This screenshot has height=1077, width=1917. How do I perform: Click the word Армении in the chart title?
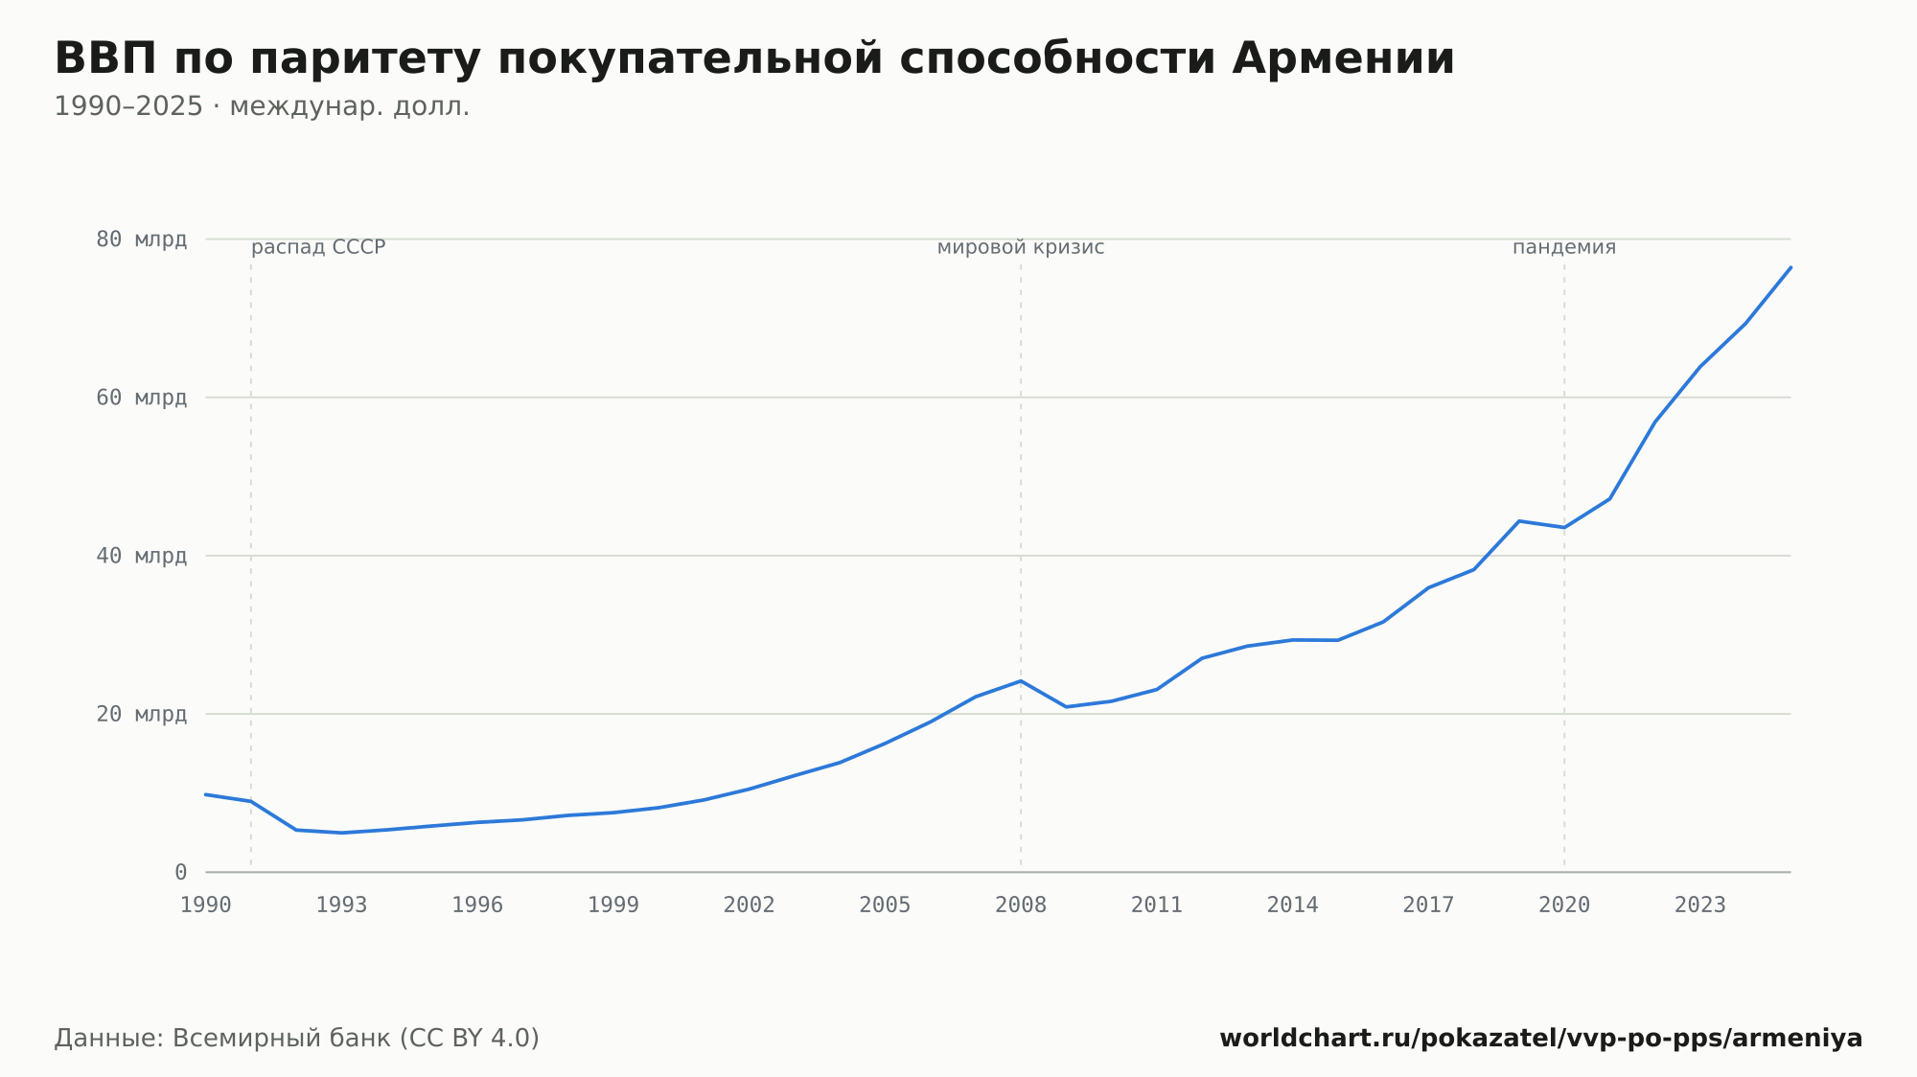click(x=1343, y=58)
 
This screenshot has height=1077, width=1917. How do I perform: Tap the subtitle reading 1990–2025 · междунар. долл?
click(x=262, y=106)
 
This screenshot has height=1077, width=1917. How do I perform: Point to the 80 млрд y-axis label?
click(x=141, y=240)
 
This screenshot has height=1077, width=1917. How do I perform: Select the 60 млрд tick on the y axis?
click(x=141, y=398)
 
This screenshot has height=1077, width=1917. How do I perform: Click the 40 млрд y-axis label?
click(x=141, y=556)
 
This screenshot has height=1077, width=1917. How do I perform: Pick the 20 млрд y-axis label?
click(x=141, y=714)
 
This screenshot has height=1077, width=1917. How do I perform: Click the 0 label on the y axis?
click(x=180, y=873)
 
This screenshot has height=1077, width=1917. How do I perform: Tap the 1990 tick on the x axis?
click(x=206, y=905)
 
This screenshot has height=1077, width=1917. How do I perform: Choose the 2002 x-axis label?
click(x=750, y=905)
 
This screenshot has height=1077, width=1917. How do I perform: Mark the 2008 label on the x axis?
click(x=1021, y=905)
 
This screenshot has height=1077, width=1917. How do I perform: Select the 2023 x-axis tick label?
click(x=1700, y=905)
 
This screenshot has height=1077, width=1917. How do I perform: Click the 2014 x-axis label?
click(x=1293, y=905)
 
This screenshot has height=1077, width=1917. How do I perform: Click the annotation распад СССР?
click(x=318, y=248)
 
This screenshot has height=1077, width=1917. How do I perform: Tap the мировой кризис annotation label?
click(x=1021, y=248)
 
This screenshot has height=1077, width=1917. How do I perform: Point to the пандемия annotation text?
click(x=1564, y=248)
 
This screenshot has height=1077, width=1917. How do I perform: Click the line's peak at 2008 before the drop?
click(x=1021, y=681)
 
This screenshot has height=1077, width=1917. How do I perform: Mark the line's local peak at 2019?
click(x=1519, y=521)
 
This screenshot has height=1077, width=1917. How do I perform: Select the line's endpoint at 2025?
click(x=1790, y=267)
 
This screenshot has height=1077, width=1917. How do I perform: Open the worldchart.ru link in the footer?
click(x=1541, y=1039)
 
